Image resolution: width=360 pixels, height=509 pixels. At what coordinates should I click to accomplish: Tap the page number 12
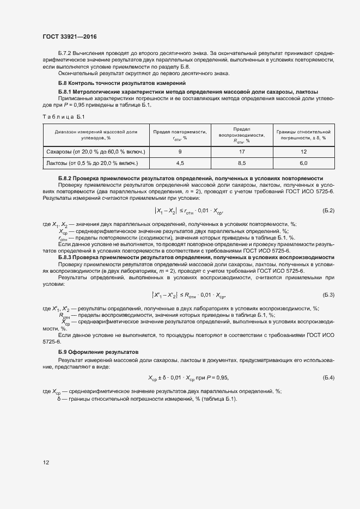46,463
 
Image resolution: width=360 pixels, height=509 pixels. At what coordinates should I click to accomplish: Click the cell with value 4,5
180,163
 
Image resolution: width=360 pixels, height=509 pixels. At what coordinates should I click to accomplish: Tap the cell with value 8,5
241,163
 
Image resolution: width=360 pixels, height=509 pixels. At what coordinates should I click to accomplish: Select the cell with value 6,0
303,163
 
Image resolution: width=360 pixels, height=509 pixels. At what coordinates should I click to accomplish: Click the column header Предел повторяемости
180,134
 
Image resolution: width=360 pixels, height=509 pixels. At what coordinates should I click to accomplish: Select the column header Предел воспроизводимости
241,134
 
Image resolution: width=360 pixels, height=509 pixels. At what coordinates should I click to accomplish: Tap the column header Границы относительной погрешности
303,134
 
